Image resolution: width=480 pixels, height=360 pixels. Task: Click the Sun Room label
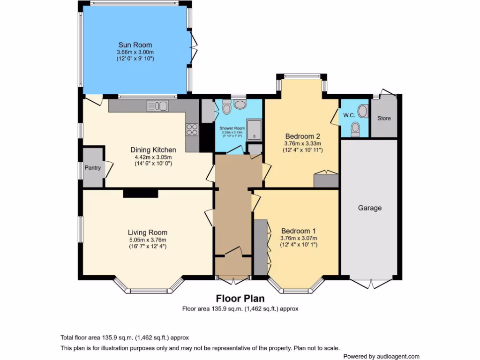click(135, 45)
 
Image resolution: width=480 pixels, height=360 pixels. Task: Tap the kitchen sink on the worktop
click(157, 106)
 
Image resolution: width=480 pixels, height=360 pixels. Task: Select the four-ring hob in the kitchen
click(192, 129)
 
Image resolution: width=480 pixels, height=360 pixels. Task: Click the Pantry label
click(93, 168)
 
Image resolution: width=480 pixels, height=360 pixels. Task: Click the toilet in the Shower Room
click(226, 108)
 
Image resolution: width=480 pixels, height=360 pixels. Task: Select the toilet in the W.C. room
click(355, 128)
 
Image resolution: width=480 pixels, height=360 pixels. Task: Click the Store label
click(384, 118)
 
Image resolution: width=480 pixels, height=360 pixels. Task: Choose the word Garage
click(370, 208)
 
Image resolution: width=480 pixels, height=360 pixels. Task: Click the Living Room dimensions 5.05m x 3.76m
click(148, 240)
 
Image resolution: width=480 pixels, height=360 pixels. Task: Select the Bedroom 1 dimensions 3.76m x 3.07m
click(298, 238)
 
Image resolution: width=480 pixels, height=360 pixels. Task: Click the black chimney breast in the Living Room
click(141, 193)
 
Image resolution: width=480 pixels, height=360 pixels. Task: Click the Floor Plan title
click(240, 299)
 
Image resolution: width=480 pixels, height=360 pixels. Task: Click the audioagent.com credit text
click(381, 356)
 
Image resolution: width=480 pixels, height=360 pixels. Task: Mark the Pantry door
click(108, 169)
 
